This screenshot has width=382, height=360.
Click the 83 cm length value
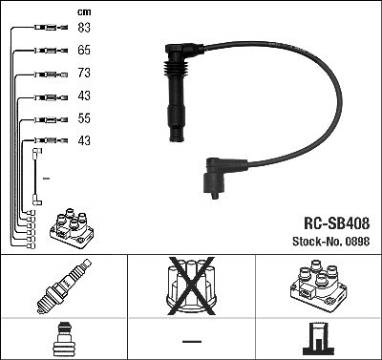(x=84, y=28)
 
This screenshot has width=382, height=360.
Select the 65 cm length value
(x=84, y=51)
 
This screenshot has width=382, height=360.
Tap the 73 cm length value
(x=84, y=73)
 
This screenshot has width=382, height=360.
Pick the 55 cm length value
(x=84, y=118)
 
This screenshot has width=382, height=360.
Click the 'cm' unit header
(x=84, y=12)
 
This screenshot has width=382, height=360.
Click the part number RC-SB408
(x=337, y=223)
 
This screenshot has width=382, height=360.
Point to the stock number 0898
(x=357, y=242)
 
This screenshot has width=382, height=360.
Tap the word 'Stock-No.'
(x=317, y=242)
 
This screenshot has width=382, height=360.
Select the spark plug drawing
(x=64, y=286)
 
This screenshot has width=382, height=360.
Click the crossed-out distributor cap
(x=191, y=286)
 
